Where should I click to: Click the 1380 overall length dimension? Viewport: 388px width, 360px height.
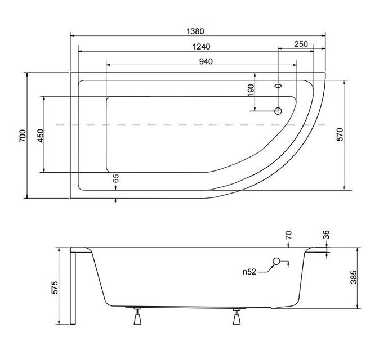coord(195,31)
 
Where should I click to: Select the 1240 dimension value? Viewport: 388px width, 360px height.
coord(201,47)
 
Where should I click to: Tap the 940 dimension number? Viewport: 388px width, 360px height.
coord(206,61)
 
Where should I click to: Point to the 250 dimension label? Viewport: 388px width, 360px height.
coord(301,44)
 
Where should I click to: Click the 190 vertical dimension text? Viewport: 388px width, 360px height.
coord(251,91)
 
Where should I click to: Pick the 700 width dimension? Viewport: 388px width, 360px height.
coord(23,136)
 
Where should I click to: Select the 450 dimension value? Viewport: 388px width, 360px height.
coord(41,136)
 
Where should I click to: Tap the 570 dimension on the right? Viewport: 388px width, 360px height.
coord(340,134)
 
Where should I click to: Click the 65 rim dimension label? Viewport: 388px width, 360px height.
coord(115,178)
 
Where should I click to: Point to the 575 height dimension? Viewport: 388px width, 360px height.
coord(55,287)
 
